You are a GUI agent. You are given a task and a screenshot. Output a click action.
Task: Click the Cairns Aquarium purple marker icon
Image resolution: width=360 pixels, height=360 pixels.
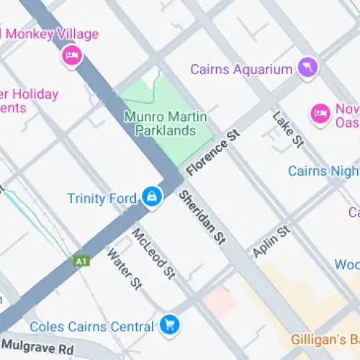(307, 68)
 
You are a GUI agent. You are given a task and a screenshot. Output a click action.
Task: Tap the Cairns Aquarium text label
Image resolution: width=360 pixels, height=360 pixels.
(241, 69)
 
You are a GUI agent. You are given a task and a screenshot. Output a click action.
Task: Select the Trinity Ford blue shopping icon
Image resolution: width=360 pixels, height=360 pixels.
(152, 196)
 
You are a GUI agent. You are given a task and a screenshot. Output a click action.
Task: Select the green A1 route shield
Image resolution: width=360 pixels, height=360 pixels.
(82, 261)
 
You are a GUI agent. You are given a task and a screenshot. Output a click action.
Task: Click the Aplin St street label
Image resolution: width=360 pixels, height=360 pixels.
(271, 240)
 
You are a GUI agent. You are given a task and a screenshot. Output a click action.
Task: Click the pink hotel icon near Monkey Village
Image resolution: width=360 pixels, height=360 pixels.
(71, 54)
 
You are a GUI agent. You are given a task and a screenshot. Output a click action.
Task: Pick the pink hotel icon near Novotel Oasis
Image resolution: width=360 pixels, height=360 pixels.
(319, 112)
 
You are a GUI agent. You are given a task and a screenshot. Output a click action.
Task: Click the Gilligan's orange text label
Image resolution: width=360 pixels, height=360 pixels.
(325, 338)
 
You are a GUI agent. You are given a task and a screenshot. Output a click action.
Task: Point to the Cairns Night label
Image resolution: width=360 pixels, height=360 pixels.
(323, 171)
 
